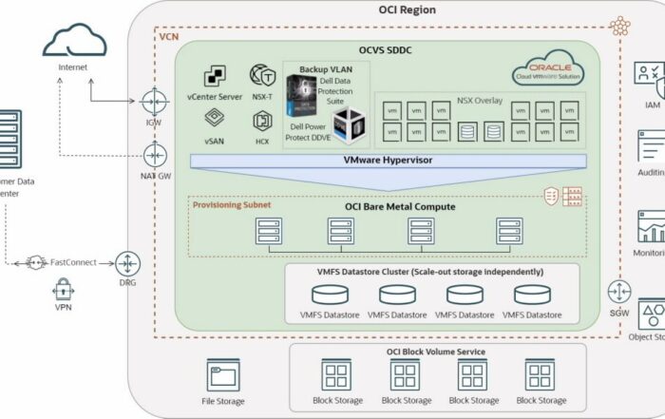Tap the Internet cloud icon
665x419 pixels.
pyautogui.click(x=75, y=40)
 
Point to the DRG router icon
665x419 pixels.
pyautogui.click(x=129, y=262)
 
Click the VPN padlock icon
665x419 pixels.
pyautogui.click(x=65, y=288)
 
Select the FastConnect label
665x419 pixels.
pyautogui.click(x=75, y=262)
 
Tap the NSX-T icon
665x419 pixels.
pyautogui.click(x=262, y=75)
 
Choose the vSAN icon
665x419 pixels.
pyautogui.click(x=214, y=119)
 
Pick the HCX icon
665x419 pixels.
pyautogui.click(x=262, y=120)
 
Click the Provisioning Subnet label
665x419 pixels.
pyautogui.click(x=232, y=204)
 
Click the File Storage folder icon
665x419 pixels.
pyautogui.click(x=222, y=376)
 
